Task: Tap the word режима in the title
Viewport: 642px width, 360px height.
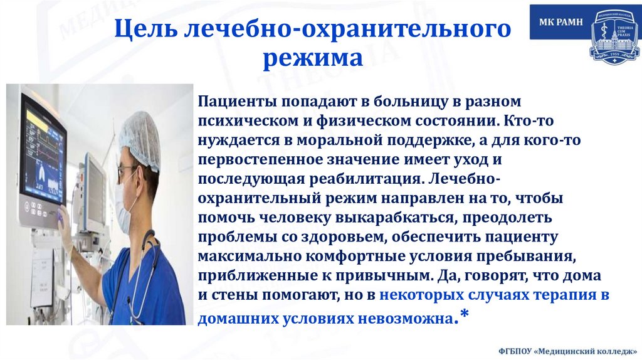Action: pos(312,59)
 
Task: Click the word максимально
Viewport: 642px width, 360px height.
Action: pos(237,257)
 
